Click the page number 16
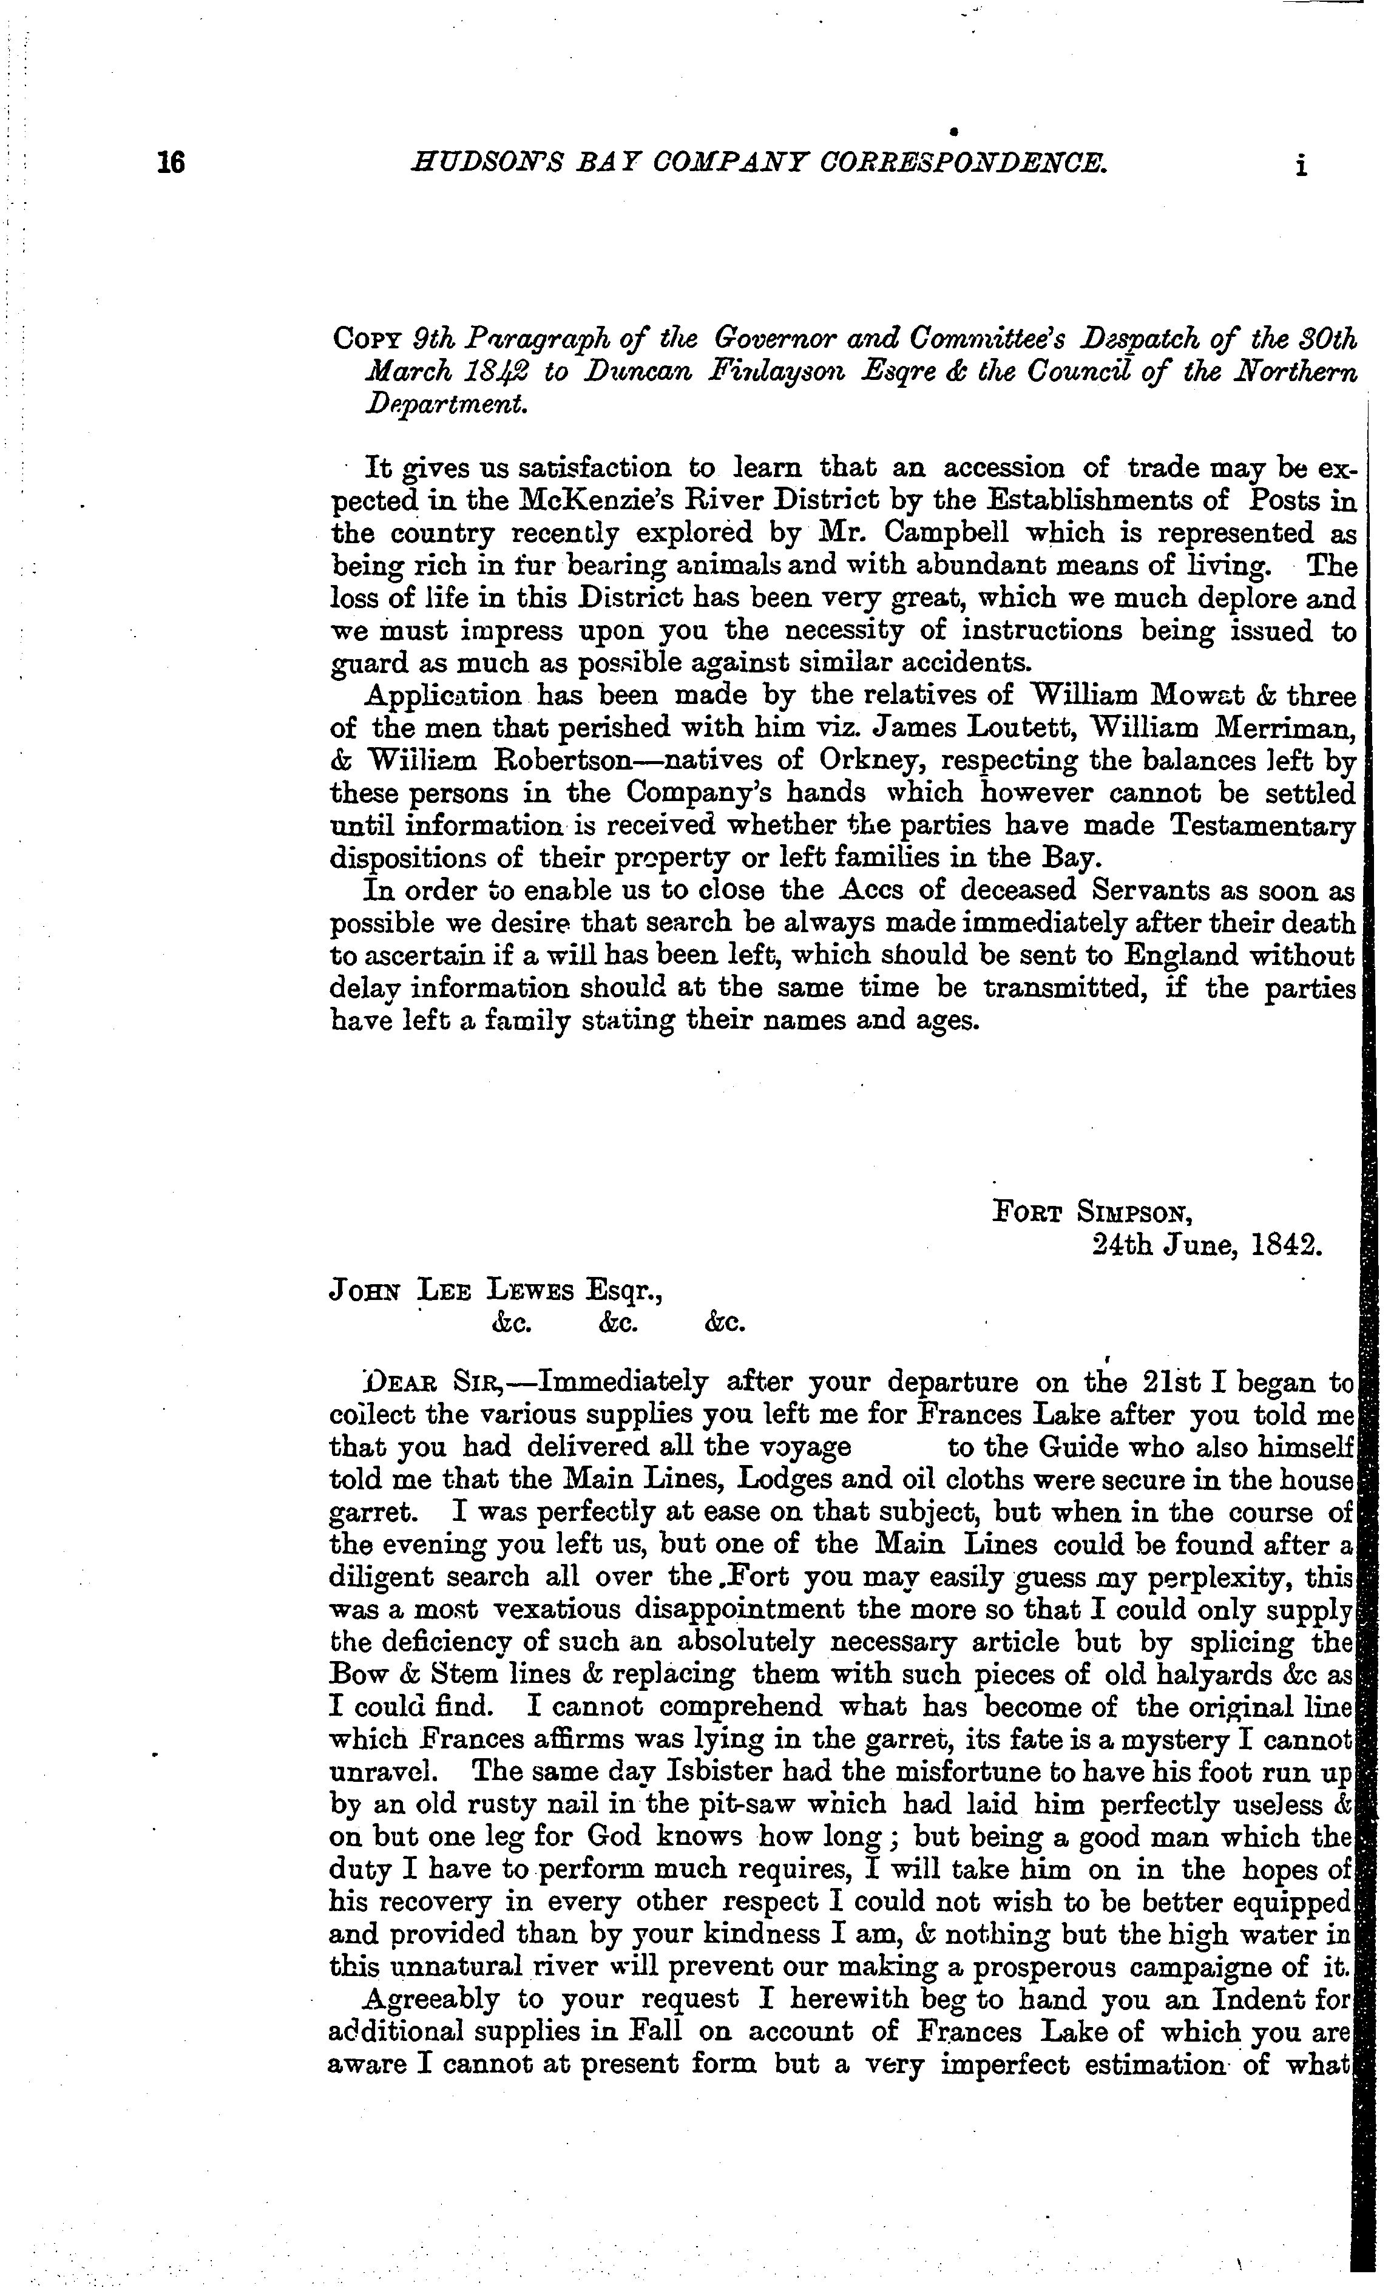pos(171,163)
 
